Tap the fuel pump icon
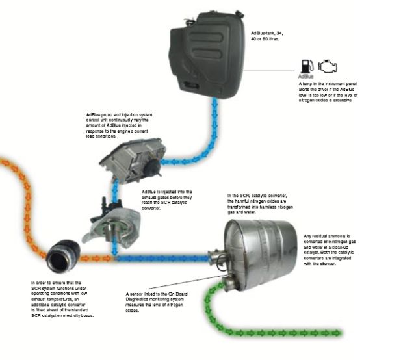(x=307, y=66)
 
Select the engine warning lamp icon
(x=328, y=66)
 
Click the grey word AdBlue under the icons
(x=306, y=77)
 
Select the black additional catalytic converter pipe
(x=63, y=256)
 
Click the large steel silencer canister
(x=259, y=255)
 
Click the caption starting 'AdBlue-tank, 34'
(x=267, y=36)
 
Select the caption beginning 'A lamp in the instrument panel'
(x=328, y=92)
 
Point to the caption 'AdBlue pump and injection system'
(x=120, y=125)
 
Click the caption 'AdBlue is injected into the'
(x=167, y=200)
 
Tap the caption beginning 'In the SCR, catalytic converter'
(x=260, y=204)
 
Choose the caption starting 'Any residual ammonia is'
(x=330, y=250)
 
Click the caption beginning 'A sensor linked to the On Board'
(x=157, y=302)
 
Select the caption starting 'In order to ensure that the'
(x=62, y=299)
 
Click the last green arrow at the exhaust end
(x=337, y=333)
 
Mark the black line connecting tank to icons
(x=269, y=71)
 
